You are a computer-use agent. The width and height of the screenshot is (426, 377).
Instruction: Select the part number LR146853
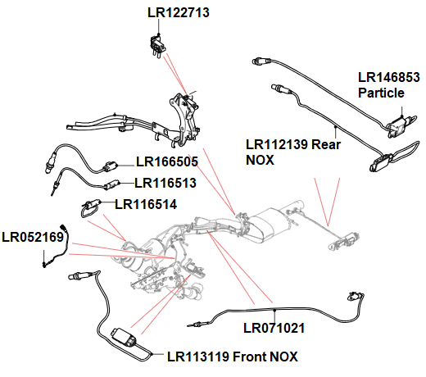[389, 78]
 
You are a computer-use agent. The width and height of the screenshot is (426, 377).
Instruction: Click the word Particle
[381, 93]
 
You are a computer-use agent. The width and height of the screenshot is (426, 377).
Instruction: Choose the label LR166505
[168, 161]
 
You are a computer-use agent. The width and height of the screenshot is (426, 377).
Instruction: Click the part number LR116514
[146, 203]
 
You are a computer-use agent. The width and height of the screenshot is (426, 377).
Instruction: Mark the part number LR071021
[274, 329]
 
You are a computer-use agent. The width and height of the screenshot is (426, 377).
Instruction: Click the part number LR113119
[199, 357]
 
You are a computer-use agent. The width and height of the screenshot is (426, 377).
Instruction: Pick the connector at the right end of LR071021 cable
[354, 297]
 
